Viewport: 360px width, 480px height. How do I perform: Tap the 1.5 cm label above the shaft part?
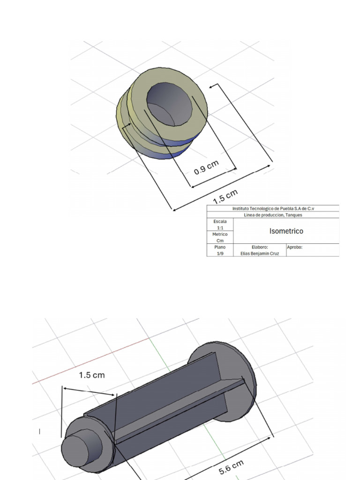tap(92, 375)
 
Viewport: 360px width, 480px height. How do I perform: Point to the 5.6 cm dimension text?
tap(232, 467)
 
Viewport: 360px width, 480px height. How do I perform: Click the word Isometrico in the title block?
tap(286, 231)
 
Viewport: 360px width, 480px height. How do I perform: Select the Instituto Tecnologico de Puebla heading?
tap(273, 209)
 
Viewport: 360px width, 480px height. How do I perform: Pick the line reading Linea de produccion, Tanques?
tap(273, 215)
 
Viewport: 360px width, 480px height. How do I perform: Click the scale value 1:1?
tap(220, 228)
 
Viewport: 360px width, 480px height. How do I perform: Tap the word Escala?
tap(220, 221)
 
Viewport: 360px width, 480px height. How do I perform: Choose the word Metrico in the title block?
tap(220, 234)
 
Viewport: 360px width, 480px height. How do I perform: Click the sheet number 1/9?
tap(220, 253)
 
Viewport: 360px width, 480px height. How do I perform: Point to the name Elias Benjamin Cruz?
tap(259, 253)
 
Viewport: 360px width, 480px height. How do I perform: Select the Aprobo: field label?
tap(295, 247)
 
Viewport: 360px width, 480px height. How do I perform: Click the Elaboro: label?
tap(259, 247)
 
